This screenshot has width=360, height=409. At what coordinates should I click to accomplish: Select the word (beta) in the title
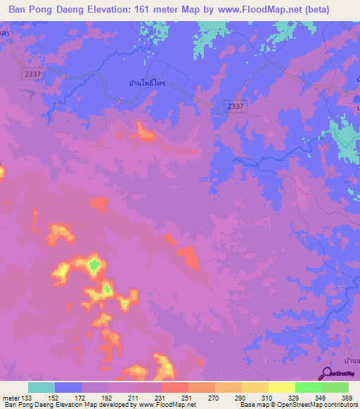point(335,11)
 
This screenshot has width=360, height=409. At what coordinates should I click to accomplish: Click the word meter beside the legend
point(11,397)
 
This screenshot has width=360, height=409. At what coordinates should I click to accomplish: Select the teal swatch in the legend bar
point(41,387)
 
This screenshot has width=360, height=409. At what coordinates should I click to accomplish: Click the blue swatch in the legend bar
point(68,387)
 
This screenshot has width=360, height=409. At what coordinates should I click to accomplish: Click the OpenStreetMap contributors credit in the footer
point(320,405)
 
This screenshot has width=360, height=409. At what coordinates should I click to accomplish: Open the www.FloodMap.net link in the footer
point(168,405)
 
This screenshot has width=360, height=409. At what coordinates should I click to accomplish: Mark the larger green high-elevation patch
point(94,265)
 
